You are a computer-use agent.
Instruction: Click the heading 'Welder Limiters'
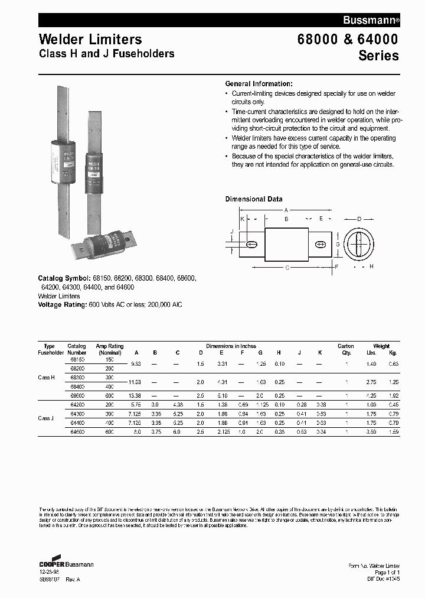tap(90, 40)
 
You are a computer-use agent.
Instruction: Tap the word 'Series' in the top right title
tap(378, 56)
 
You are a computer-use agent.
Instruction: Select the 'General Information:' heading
tap(259, 84)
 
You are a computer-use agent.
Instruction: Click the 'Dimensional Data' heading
tap(254, 199)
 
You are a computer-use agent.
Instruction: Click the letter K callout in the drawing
tap(242, 219)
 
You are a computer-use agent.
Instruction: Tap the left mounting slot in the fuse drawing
tap(251, 244)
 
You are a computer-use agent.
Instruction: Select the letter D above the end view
tap(359, 219)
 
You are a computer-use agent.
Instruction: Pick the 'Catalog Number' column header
tap(77, 349)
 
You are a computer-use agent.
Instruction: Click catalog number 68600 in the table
tap(77, 395)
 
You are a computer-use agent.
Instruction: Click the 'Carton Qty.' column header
tap(345, 349)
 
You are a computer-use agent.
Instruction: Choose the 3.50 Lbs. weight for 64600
tap(371, 432)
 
